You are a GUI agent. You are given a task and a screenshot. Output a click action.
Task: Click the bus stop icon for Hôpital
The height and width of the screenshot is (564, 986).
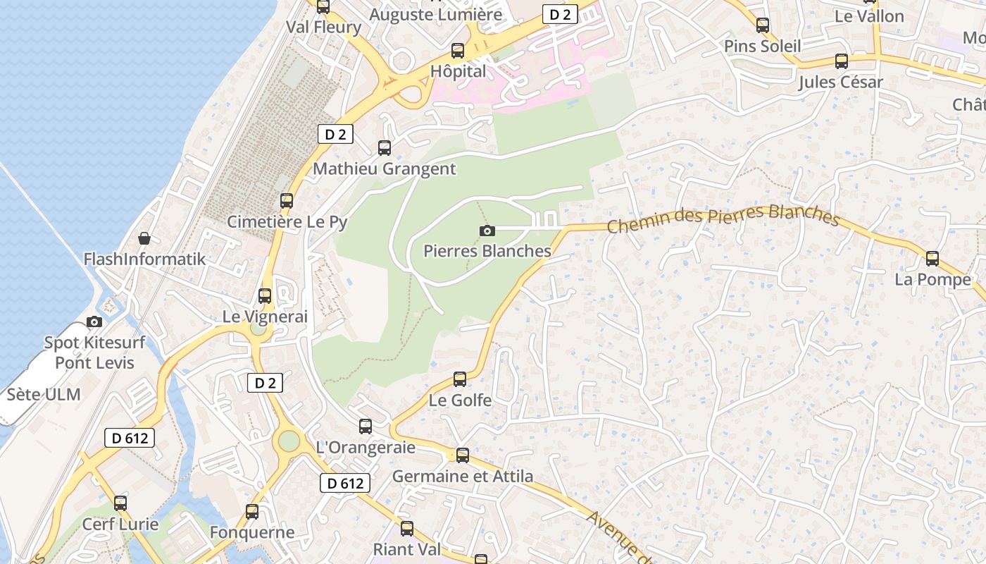click(458, 51)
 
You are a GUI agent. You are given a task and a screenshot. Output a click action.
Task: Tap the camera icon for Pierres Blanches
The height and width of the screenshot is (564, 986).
click(487, 231)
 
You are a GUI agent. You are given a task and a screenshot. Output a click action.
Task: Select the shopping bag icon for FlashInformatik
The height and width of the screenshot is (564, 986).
click(144, 238)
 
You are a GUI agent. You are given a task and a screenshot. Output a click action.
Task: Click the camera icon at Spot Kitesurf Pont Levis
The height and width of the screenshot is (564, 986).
click(94, 322)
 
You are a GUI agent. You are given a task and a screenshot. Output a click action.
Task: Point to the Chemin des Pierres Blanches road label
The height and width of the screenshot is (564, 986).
click(723, 217)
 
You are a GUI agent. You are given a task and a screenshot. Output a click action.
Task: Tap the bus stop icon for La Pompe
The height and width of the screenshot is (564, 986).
click(932, 259)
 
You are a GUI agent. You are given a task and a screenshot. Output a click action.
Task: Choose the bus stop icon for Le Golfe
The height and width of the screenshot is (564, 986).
click(460, 379)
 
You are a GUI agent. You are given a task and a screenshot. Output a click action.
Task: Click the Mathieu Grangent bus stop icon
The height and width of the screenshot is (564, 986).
click(385, 148)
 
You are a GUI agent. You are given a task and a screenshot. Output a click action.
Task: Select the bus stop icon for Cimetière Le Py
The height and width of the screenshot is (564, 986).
click(287, 201)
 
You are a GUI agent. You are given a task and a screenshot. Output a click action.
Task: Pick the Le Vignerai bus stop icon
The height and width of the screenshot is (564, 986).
click(265, 296)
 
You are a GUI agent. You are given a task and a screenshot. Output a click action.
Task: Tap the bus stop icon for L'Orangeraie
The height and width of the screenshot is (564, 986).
click(366, 427)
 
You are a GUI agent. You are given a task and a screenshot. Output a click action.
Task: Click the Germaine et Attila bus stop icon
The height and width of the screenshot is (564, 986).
click(463, 455)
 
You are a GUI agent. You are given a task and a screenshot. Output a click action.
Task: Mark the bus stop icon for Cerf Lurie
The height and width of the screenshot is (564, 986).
click(120, 503)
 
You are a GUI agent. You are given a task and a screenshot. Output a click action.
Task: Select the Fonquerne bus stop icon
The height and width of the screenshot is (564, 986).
click(252, 512)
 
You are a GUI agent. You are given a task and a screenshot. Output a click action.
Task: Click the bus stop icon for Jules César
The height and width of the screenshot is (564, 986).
click(841, 61)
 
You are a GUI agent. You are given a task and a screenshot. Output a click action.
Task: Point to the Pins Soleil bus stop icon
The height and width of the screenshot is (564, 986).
click(763, 26)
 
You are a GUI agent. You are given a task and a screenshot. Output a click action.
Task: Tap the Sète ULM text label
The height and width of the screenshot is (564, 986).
click(44, 394)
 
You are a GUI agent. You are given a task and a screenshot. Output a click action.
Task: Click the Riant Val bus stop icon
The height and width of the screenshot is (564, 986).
click(407, 529)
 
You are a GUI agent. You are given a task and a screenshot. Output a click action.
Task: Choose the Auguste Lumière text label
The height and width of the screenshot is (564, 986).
click(436, 14)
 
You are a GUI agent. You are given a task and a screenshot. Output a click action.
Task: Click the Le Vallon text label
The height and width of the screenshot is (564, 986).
click(869, 16)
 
